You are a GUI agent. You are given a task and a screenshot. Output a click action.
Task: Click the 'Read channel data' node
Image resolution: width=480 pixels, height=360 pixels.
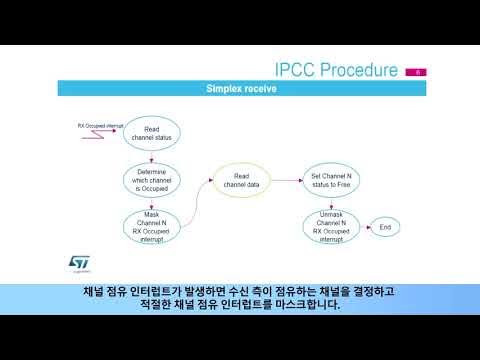click(x=240, y=181)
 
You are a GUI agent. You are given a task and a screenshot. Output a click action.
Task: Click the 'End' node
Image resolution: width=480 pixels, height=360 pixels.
click(x=384, y=227)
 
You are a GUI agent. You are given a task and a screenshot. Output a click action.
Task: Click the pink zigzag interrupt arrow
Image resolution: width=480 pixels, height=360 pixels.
click(x=100, y=135)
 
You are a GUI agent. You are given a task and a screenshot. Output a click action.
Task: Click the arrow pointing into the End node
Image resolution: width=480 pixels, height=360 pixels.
click(x=364, y=227)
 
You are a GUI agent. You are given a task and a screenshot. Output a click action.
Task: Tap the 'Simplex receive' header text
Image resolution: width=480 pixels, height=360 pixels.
click(x=241, y=88)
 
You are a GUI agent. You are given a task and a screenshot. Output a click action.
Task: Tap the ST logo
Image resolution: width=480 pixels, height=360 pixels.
click(x=77, y=261)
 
